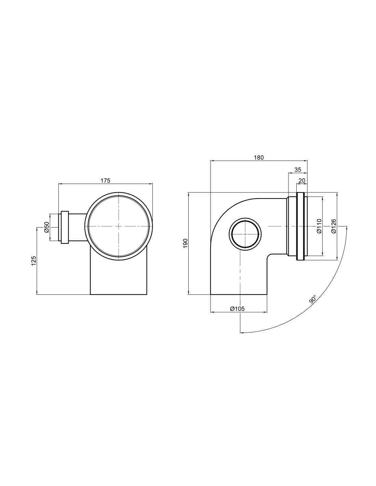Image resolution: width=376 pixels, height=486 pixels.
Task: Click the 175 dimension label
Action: [105, 180]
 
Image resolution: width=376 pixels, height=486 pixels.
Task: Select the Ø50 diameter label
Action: [46, 227]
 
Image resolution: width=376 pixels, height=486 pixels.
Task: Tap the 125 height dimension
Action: [33, 261]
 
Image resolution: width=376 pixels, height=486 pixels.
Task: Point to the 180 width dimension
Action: [258, 158]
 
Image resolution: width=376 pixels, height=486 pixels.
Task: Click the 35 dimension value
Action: [298, 170]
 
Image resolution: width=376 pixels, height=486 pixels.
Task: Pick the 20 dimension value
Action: [302, 180]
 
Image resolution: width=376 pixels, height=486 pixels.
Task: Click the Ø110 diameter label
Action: [319, 226]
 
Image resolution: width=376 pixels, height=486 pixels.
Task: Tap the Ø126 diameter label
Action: [334, 226]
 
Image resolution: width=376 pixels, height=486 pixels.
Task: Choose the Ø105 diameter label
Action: [237, 309]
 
